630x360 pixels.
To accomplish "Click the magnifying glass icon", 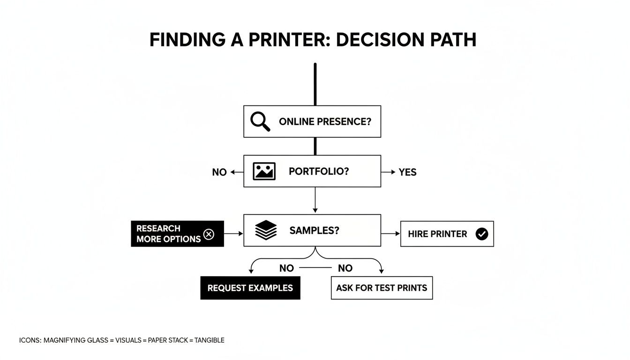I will pos(260,121).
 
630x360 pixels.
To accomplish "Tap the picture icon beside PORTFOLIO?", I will pos(264,172).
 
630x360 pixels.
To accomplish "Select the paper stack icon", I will pos(266,230).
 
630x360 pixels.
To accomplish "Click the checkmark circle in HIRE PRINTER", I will pos(481,234).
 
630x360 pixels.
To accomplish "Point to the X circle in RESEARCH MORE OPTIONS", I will pos(209,234).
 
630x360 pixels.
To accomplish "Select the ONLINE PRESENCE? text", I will pos(325,121).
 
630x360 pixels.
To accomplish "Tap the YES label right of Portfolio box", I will pos(407,172).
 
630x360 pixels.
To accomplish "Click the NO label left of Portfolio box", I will pos(219,172).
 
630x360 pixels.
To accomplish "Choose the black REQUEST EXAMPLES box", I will pos(250,288).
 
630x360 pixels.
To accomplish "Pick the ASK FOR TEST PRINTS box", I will pos(382,288).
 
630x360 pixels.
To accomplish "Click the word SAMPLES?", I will pos(314,230).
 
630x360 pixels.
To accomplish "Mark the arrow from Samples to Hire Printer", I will pos(390,233).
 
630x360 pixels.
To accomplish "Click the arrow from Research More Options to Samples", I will pos(233,233).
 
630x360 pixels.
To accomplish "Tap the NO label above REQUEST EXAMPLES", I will pos(286,268).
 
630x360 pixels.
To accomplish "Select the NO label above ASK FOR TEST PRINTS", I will pos(345,268).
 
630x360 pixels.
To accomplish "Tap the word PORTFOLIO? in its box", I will pos(319,172).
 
